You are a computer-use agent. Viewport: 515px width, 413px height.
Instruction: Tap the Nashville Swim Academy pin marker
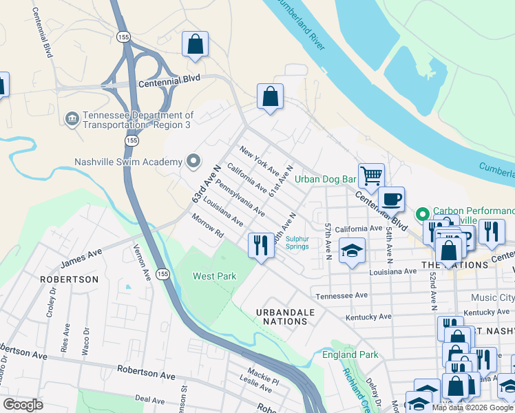(193, 162)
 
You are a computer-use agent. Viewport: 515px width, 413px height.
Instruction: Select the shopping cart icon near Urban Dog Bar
(371, 176)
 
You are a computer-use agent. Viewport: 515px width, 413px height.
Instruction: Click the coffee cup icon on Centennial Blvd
(391, 200)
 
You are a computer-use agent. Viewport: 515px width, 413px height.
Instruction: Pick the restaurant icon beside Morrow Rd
(261, 246)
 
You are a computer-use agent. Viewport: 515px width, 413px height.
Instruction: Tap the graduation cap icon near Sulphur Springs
(352, 251)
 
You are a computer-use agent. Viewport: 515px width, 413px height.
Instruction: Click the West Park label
(214, 276)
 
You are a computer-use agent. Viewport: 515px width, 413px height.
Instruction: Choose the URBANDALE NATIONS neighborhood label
(285, 317)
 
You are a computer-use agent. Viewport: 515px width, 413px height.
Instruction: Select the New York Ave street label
(259, 160)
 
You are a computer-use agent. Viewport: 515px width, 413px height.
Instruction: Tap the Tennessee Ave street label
(342, 296)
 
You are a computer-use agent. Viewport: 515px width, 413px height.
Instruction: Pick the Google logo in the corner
(23, 405)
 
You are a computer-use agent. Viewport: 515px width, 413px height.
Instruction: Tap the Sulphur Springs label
(298, 242)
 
